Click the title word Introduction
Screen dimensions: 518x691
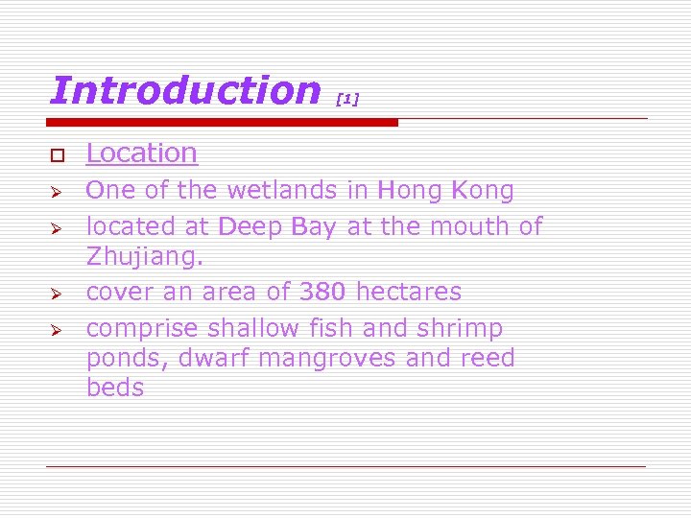[x=184, y=91]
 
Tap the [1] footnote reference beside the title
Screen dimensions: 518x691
[x=347, y=99]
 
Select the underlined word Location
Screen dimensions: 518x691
[x=141, y=153]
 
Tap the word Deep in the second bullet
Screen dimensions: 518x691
[x=246, y=226]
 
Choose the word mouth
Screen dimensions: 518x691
[x=469, y=226]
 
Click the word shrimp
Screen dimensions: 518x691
[x=459, y=328]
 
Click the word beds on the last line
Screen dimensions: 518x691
[x=114, y=388]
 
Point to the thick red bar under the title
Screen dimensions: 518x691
[x=223, y=123]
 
